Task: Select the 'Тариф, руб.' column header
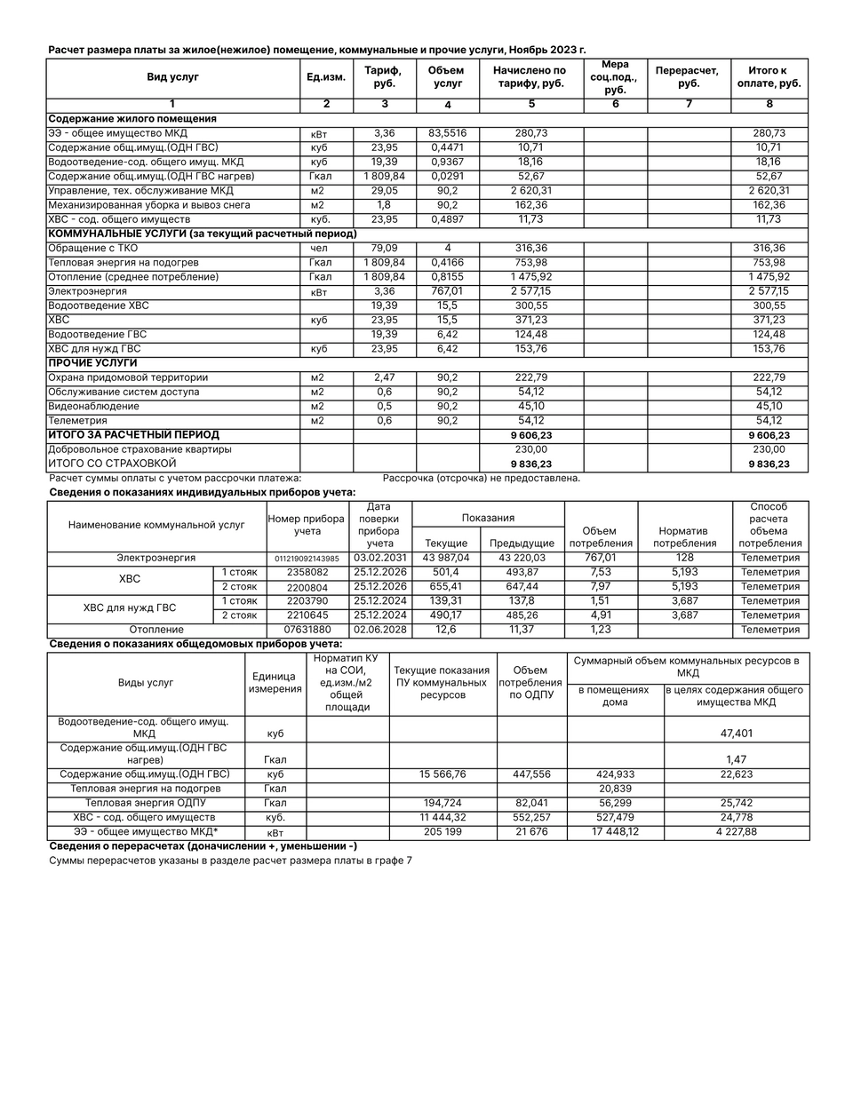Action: point(384,77)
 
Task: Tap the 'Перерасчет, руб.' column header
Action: point(688,77)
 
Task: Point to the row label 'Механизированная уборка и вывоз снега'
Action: point(149,205)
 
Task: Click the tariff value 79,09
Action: point(384,249)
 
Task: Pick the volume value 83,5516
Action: point(447,133)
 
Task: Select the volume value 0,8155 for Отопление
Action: point(447,277)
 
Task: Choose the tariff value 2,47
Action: point(384,377)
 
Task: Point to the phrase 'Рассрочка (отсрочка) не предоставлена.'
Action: point(481,478)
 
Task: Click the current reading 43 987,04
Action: point(447,558)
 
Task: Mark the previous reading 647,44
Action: point(521,587)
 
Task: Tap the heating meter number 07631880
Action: point(307,630)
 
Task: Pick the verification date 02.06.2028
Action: point(379,630)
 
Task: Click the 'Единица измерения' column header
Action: point(275,683)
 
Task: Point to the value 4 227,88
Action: point(737,832)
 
